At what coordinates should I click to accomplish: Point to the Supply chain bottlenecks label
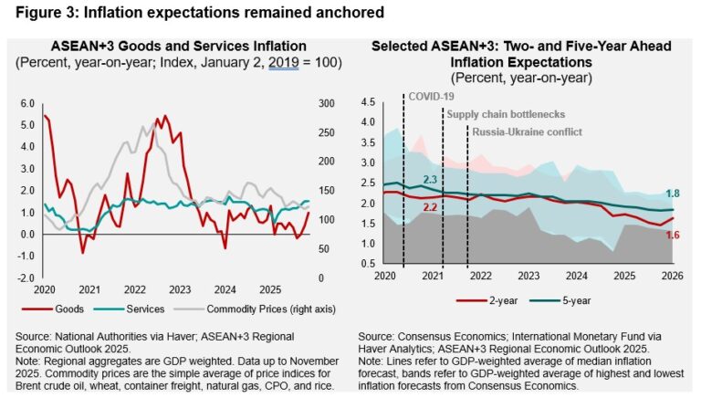(506, 114)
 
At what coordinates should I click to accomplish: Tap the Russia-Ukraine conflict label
(526, 131)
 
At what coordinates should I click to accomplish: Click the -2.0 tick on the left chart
(26, 278)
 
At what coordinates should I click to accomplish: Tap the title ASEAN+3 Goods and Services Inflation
(174, 47)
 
